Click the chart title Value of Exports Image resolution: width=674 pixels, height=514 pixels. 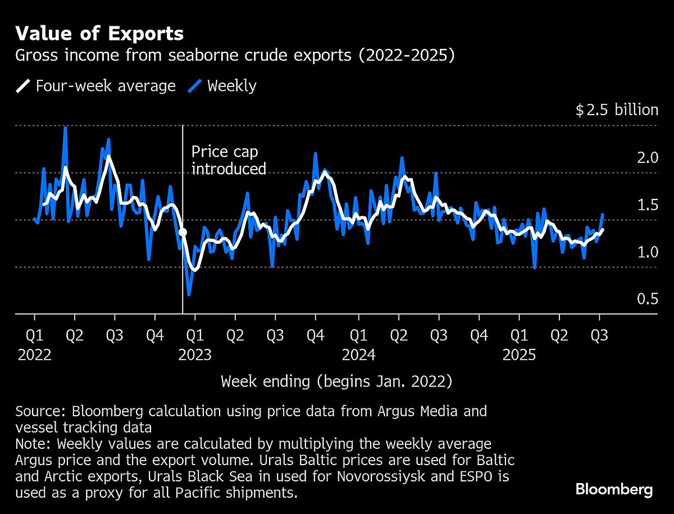[x=99, y=34]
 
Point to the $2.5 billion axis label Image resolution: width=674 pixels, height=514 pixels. [x=616, y=110]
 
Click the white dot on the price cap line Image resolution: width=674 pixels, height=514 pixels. [x=183, y=232]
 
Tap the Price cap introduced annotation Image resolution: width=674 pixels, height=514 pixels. [x=228, y=160]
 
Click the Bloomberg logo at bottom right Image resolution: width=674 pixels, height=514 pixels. [x=614, y=489]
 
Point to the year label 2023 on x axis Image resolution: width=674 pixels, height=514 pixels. [x=194, y=355]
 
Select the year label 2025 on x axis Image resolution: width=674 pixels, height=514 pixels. [x=520, y=355]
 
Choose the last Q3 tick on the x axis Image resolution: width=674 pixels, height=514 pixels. [x=600, y=335]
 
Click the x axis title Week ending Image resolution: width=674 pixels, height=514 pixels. [x=336, y=381]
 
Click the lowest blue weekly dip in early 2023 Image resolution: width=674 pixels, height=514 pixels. [x=189, y=294]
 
